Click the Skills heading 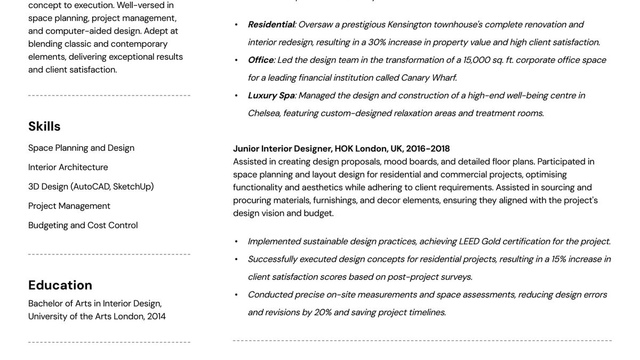click(x=44, y=126)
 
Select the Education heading click(x=60, y=285)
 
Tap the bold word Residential click(x=271, y=25)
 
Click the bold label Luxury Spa click(x=271, y=95)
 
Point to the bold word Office click(x=260, y=60)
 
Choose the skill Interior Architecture click(x=68, y=167)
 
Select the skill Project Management click(x=69, y=206)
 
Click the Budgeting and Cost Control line click(x=83, y=226)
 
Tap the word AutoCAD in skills click(x=91, y=187)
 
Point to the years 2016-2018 click(x=428, y=149)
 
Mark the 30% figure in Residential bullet click(x=378, y=42)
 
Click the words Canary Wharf click(x=428, y=78)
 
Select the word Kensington click(x=409, y=25)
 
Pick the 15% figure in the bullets click(x=558, y=259)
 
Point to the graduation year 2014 click(x=156, y=316)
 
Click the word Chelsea click(x=264, y=113)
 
